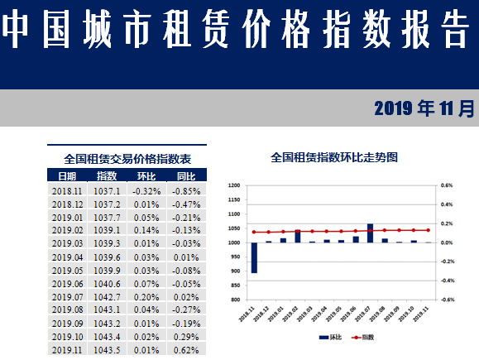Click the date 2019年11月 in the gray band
coord(424,108)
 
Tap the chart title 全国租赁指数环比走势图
coord(334,156)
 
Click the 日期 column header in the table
coord(67,176)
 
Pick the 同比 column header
coord(186,176)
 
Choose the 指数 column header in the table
coord(107,176)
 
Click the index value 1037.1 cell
coord(107,190)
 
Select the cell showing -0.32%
coord(146,190)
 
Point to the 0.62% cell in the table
coord(186,350)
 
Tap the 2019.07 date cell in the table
coord(67,297)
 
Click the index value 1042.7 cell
coord(107,297)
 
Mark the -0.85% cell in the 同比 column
coord(186,190)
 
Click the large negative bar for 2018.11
coord(254,257)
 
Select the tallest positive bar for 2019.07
coord(370,233)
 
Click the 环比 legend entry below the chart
coord(329,337)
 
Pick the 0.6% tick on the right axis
coord(446,185)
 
